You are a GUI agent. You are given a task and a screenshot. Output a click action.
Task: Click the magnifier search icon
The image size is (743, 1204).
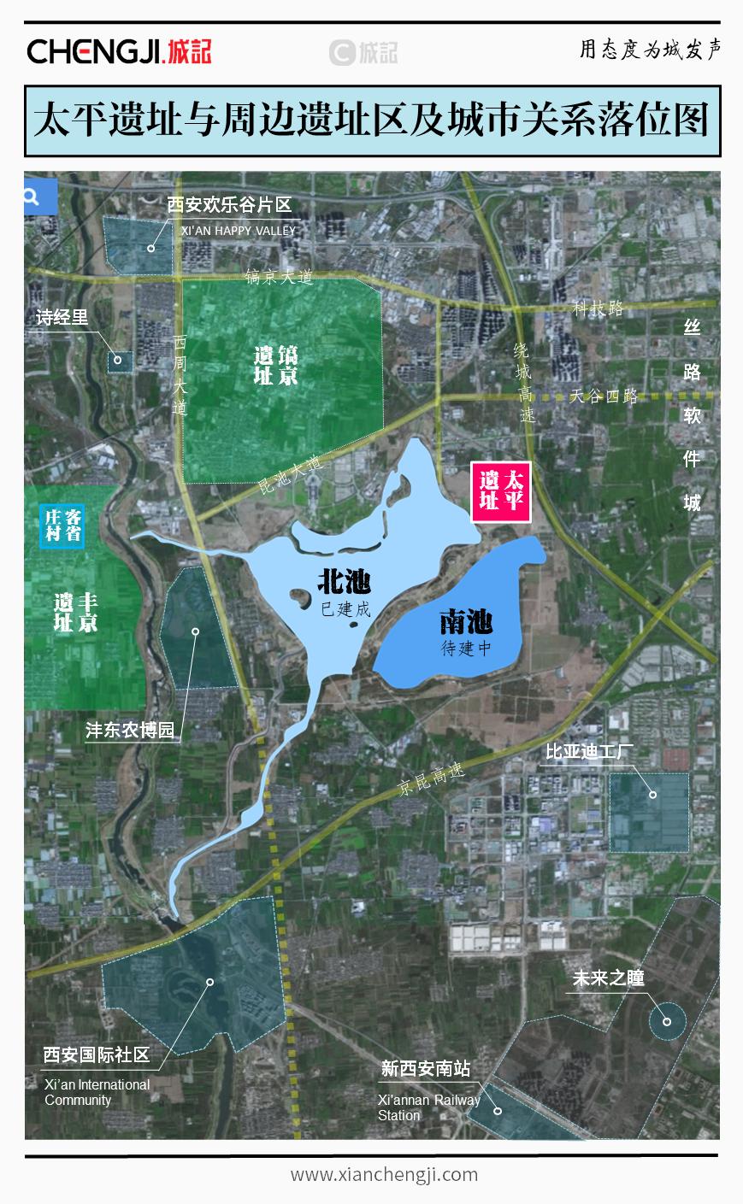[x=32, y=197]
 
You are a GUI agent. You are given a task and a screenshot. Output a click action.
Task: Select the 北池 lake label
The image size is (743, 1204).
[x=344, y=583]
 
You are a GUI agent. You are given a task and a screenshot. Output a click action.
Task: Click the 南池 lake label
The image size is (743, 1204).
[x=466, y=622]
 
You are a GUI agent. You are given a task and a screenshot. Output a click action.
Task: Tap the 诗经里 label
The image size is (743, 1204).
[x=62, y=318]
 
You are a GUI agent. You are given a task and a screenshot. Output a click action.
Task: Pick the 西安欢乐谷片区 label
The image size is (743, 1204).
[x=228, y=205]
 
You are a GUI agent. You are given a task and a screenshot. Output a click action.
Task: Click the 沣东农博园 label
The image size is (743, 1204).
[x=130, y=731]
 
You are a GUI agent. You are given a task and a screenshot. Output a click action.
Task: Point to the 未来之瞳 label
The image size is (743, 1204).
[x=608, y=978]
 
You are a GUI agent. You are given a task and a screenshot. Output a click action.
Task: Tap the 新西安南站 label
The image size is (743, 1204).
[x=425, y=1068]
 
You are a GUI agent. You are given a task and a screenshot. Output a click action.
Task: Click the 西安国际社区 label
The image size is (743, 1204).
[x=97, y=1054]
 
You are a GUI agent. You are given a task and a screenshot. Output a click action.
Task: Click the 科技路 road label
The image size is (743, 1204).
[x=598, y=308]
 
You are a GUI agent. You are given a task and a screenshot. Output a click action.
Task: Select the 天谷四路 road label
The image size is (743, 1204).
[x=604, y=396]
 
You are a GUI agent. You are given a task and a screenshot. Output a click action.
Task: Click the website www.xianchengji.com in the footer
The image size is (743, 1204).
[x=384, y=1174]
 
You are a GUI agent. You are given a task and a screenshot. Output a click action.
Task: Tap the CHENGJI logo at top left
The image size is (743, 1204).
[x=119, y=51]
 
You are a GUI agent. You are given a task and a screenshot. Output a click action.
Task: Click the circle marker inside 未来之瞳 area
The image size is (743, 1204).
[x=667, y=1021]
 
